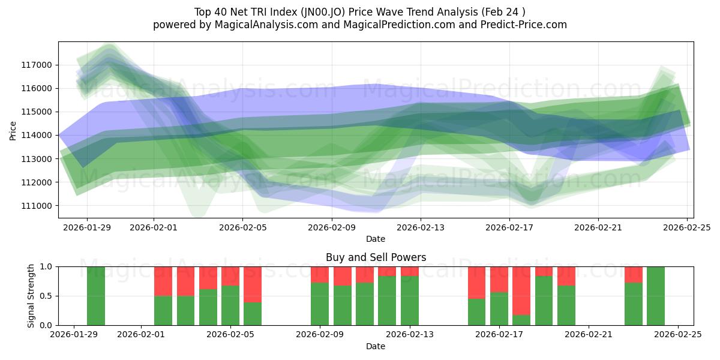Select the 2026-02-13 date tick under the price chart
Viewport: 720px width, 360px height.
pos(420,227)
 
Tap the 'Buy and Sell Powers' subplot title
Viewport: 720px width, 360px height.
pos(376,257)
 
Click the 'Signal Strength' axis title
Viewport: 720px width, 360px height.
pos(31,295)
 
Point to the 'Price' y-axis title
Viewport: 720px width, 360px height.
pos(13,130)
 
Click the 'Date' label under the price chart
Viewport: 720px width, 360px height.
pos(376,238)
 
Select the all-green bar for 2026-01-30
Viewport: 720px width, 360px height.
pos(96,296)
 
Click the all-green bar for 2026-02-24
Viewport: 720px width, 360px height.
pos(656,296)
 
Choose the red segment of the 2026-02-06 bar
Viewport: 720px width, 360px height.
pos(253,284)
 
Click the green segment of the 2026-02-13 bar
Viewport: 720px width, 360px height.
pos(410,301)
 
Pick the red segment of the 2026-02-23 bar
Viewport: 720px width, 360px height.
pos(634,274)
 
